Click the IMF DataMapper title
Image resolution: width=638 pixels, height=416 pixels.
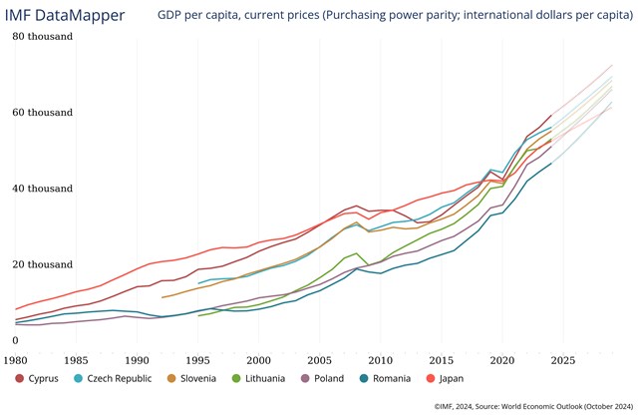pos(67,15)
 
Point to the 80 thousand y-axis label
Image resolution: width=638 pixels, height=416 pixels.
pos(43,36)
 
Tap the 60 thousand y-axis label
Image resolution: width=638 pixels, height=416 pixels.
pos(43,112)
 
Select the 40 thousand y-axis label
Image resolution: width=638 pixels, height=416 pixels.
pos(43,188)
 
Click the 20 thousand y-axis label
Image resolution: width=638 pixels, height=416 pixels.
pos(43,264)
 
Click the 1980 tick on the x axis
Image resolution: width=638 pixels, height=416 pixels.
pos(16,358)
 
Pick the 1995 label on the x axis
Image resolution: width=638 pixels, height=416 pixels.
pos(198,358)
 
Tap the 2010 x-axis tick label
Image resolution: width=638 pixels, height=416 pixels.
pos(381,358)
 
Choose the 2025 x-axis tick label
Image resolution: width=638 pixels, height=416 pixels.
pos(563,358)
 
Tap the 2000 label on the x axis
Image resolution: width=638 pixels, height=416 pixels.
pos(259,358)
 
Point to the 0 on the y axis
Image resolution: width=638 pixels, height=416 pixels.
pos(15,340)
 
